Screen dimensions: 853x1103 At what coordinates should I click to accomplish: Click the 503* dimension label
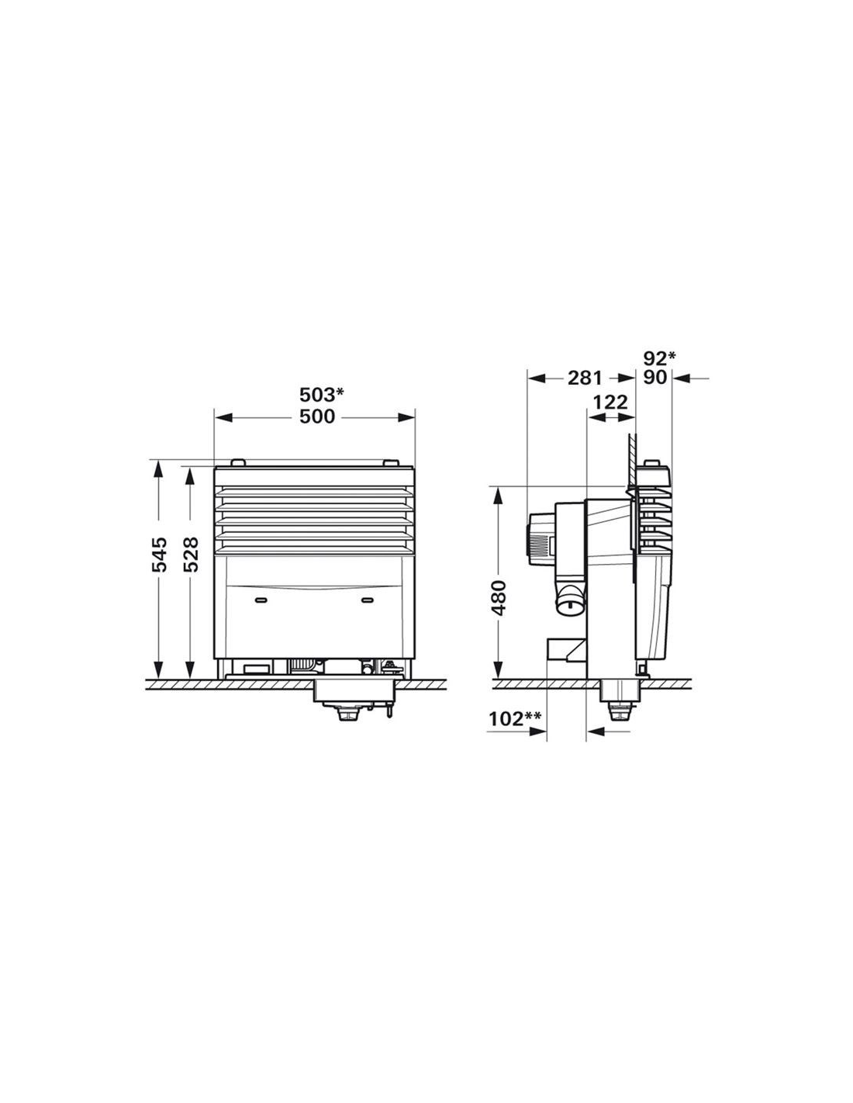pos(322,394)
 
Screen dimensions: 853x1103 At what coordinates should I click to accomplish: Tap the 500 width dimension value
pos(317,417)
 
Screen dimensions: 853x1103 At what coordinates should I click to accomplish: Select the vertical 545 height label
pos(159,554)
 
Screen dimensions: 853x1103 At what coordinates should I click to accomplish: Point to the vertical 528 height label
pos(190,554)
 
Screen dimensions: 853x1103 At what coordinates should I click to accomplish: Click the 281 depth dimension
pos(585,379)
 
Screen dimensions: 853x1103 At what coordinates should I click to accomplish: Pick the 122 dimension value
pos(610,402)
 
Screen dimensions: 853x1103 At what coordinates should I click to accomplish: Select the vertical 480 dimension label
pos(500,597)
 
